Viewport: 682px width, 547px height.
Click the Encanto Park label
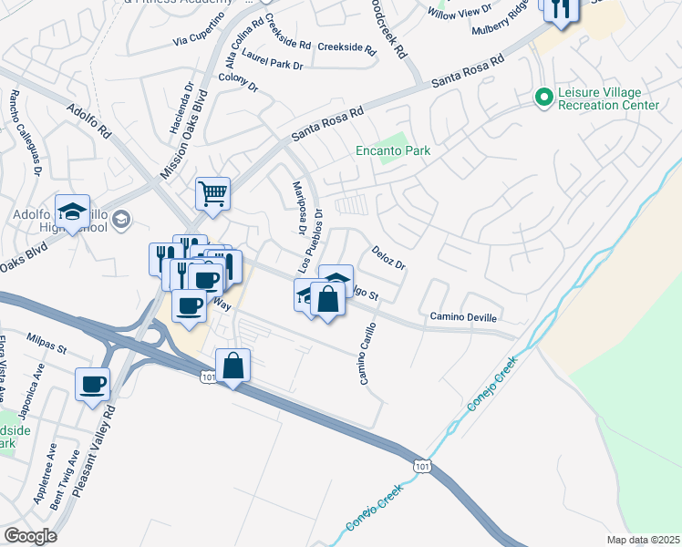pos(392,150)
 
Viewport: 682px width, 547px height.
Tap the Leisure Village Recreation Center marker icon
pos(544,97)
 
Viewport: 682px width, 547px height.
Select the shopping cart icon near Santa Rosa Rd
pos(212,192)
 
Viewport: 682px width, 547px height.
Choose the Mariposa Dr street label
pos(296,218)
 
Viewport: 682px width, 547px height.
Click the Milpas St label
pos(46,341)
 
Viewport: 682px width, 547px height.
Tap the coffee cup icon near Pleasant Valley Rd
pos(92,385)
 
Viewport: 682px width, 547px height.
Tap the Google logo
pos(30,536)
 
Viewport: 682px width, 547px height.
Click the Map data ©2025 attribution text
pos(643,540)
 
